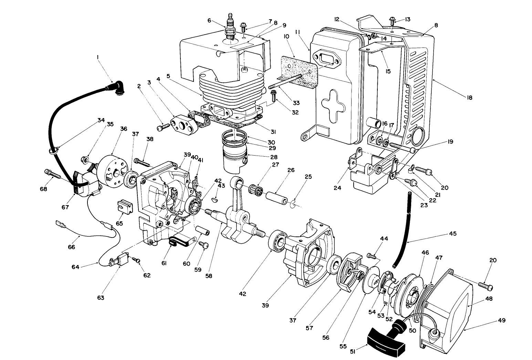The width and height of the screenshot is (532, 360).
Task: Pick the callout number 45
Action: (x=452, y=233)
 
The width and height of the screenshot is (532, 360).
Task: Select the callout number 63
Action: (x=101, y=297)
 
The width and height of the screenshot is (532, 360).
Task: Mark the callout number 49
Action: (x=501, y=320)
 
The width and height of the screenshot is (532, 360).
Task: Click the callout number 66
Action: (x=71, y=247)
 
